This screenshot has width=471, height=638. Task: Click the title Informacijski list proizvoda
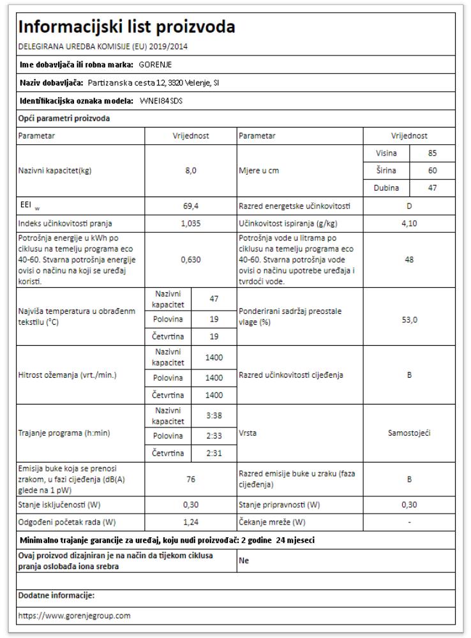127,27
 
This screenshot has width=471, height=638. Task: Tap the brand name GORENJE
155,65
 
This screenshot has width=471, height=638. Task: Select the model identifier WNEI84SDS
160,101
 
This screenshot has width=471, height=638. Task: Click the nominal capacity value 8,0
190,171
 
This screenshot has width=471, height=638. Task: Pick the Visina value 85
432,153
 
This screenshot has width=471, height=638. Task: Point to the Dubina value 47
432,188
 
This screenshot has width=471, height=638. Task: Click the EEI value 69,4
190,207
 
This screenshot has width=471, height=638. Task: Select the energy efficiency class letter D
409,207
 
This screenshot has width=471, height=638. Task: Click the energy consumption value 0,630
190,260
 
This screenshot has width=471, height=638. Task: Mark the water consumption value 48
409,260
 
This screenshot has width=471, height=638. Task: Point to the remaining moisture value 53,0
409,320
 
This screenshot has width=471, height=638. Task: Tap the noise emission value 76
190,479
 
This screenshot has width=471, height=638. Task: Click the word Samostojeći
409,433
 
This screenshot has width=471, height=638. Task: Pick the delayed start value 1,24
190,522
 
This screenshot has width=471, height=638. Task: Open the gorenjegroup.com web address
75,616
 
